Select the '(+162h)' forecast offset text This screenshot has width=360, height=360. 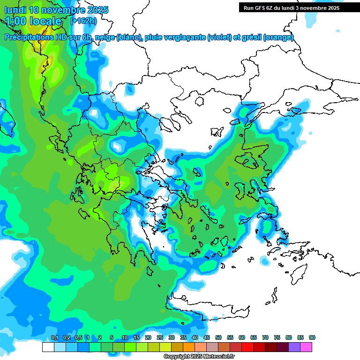coord(83,21)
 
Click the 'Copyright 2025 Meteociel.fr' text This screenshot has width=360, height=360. coord(199,356)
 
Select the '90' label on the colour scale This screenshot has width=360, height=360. coord(312,338)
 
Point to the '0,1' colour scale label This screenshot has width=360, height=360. coord(54,338)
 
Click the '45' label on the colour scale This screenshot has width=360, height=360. coord(207,338)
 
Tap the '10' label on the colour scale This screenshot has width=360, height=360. coord(125,338)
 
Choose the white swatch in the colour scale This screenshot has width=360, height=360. coord(48,347)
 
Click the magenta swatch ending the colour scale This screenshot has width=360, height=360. coord(306,347)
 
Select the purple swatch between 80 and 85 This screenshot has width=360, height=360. coord(294,347)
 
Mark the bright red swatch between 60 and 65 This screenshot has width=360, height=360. coord(247,347)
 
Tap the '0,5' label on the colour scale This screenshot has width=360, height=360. coord(78,338)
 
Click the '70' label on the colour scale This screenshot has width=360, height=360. coord(265,338)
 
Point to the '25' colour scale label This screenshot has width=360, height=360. coord(160,338)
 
